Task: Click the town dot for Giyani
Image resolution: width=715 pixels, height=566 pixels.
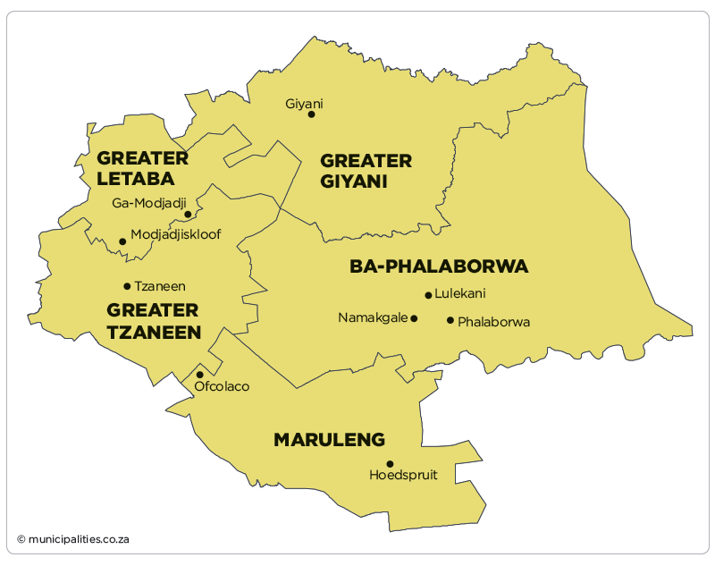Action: click(x=311, y=114)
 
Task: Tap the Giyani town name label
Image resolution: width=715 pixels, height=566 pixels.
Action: click(x=304, y=104)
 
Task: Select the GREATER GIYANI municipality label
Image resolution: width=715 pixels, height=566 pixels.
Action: click(x=366, y=171)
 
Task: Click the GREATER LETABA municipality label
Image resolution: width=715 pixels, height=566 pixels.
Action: click(x=143, y=168)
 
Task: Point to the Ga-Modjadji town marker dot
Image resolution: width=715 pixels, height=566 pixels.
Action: click(x=188, y=215)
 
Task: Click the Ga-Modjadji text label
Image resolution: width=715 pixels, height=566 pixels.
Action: click(x=148, y=203)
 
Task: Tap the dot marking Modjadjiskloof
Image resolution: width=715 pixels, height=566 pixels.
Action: click(x=122, y=241)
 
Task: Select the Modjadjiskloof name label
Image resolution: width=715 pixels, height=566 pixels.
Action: click(x=175, y=235)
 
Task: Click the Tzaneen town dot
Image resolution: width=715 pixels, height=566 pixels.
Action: click(x=127, y=286)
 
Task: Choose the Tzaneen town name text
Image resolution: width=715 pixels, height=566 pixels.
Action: click(x=160, y=286)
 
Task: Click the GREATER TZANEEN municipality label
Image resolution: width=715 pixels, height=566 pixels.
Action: click(x=153, y=321)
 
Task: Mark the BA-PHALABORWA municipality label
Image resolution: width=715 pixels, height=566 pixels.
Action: click(x=439, y=266)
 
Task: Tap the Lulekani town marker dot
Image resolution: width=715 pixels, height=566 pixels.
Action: click(x=428, y=295)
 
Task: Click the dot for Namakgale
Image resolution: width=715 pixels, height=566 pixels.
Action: click(x=414, y=317)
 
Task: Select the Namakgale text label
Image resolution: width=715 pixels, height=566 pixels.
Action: click(x=373, y=317)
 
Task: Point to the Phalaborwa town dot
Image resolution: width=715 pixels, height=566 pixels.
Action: click(x=450, y=320)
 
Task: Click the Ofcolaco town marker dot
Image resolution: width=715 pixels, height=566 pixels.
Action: click(x=200, y=375)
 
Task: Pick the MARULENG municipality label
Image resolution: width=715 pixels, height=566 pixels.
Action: click(x=329, y=440)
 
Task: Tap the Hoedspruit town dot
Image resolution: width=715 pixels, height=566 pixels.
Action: click(x=390, y=463)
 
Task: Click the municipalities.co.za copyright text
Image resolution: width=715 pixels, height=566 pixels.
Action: click(x=73, y=539)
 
